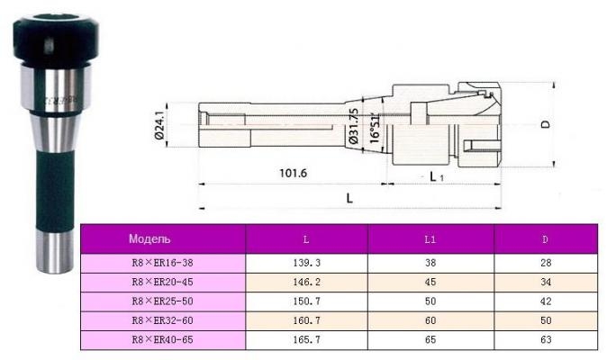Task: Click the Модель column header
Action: coord(149,239)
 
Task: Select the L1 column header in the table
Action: coord(430,239)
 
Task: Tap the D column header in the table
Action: coord(545,239)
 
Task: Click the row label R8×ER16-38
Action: coord(162,263)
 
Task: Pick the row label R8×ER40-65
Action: coord(162,340)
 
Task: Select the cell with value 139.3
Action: coord(306,263)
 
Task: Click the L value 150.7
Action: coord(306,301)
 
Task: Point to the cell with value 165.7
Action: coord(306,340)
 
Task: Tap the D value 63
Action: coord(546,340)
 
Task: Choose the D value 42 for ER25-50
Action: coord(546,301)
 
